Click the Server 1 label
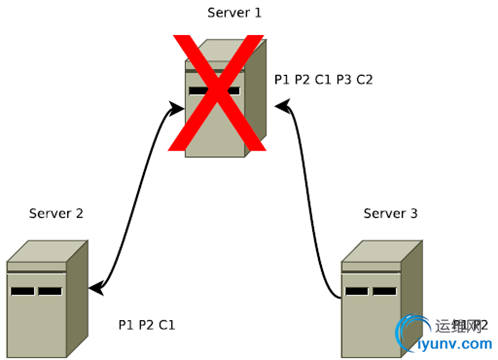[x=236, y=12]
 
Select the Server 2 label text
[x=56, y=213]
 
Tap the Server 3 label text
[x=390, y=213]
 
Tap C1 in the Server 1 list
[x=322, y=79]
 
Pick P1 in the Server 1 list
[x=282, y=79]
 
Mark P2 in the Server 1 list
[x=302, y=79]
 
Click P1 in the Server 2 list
[x=126, y=325]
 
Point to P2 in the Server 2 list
[x=146, y=325]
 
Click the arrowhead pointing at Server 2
[x=94, y=289]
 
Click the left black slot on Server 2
[x=23, y=291]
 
